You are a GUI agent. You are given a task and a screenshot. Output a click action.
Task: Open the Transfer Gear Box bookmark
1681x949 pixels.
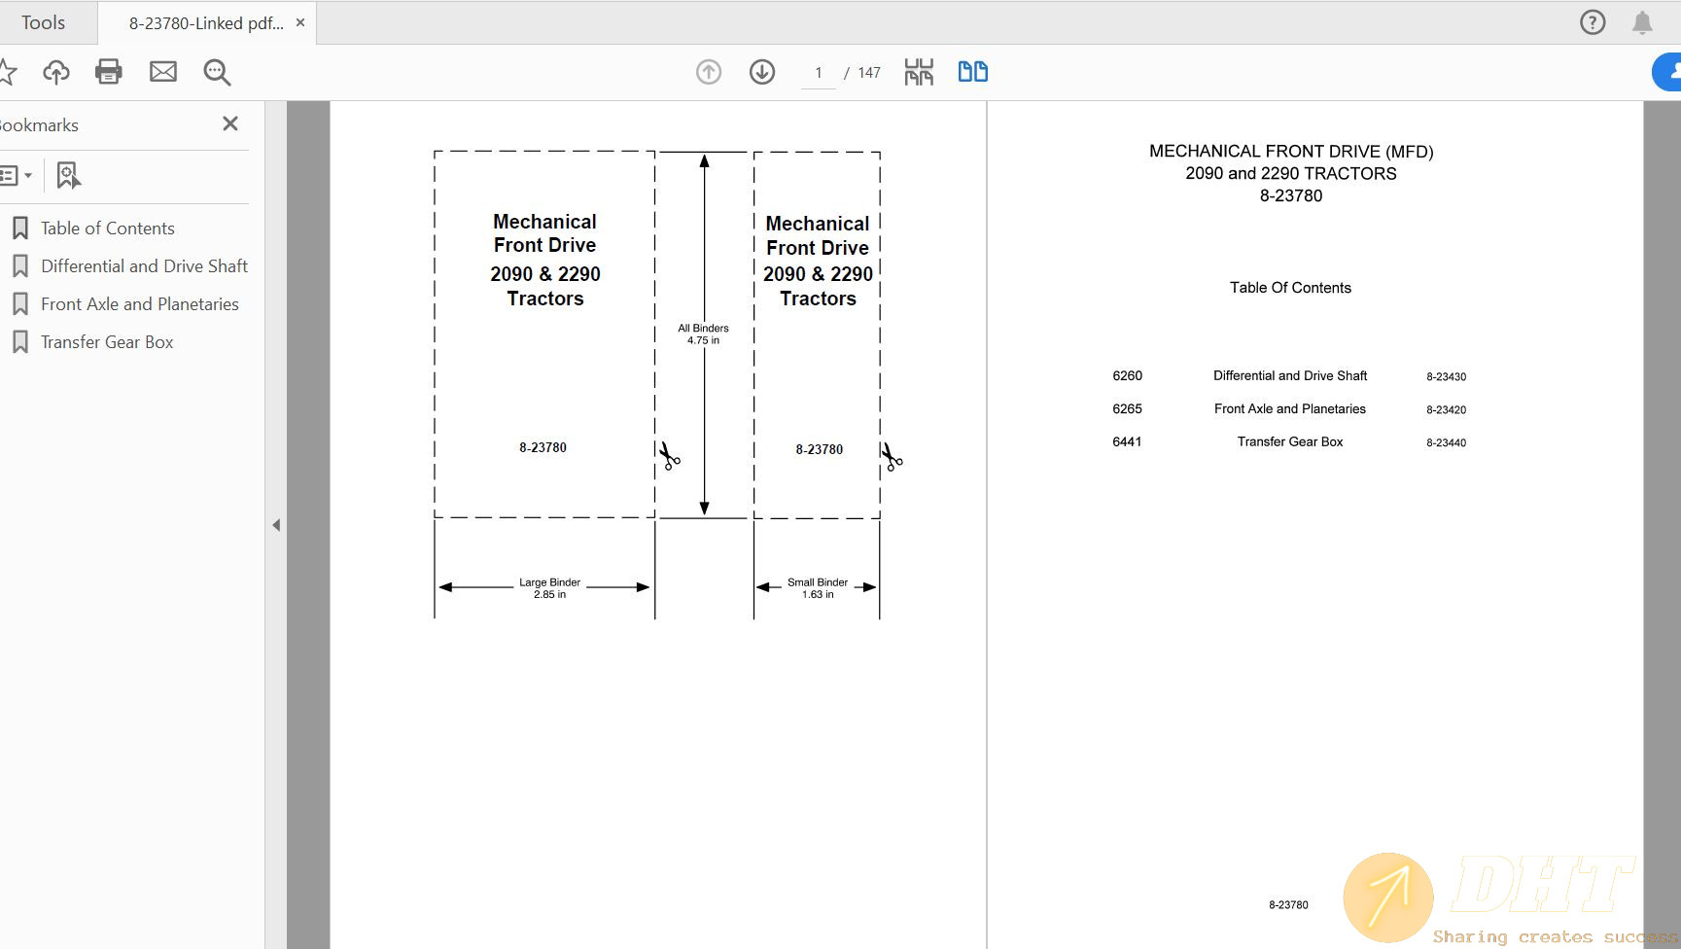click(x=107, y=342)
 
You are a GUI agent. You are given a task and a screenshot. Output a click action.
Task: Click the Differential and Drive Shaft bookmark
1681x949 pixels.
click(x=144, y=266)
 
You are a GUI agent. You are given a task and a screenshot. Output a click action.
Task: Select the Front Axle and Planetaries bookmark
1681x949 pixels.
click(x=139, y=304)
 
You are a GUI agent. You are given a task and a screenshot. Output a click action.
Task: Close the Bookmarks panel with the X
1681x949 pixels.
click(x=230, y=123)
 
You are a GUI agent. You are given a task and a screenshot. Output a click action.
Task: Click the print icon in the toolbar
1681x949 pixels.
click(x=109, y=72)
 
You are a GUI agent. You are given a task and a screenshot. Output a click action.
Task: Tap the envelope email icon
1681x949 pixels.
click(x=163, y=72)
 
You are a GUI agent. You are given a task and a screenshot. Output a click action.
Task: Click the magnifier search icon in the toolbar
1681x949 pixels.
click(x=217, y=72)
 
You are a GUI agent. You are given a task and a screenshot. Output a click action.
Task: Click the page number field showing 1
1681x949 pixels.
click(x=819, y=73)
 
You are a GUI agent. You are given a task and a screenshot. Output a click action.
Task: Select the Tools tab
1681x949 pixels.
click(x=44, y=22)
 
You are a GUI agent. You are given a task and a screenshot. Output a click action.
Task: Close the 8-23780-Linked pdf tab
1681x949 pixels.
click(x=300, y=22)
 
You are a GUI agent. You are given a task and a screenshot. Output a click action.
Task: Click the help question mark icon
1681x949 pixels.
click(x=1593, y=22)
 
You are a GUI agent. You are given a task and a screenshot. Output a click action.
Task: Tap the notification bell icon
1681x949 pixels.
click(x=1642, y=22)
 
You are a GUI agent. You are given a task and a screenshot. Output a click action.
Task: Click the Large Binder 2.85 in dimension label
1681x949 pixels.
click(x=549, y=588)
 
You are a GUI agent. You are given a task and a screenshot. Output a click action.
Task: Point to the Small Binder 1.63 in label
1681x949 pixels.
click(x=818, y=588)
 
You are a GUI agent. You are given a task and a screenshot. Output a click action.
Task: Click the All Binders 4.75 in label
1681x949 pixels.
click(x=703, y=334)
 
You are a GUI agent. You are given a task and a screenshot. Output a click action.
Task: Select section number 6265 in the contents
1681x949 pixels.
click(x=1127, y=409)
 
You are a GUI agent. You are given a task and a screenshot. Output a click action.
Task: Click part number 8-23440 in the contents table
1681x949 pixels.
click(x=1446, y=442)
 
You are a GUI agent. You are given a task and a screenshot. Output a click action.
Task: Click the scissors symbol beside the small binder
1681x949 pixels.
click(x=892, y=456)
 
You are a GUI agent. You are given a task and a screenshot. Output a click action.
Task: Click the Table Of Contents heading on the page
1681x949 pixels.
click(x=1290, y=288)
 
